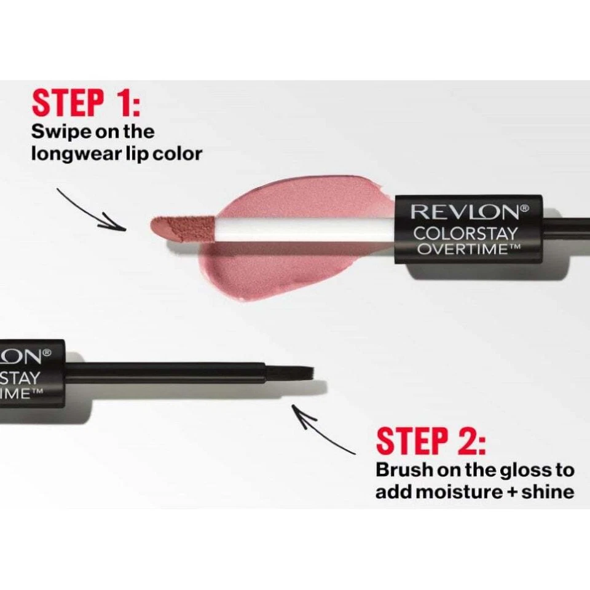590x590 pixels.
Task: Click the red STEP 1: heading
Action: click(x=87, y=103)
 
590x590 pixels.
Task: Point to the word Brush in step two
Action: click(x=403, y=470)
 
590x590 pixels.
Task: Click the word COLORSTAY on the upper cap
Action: click(x=465, y=234)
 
